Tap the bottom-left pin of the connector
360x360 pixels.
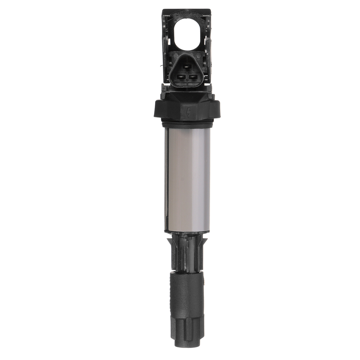[x=182, y=77]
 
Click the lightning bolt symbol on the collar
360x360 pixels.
[x=188, y=112]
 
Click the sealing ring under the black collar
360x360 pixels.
[x=187, y=122]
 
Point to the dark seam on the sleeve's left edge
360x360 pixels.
[x=166, y=180]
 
